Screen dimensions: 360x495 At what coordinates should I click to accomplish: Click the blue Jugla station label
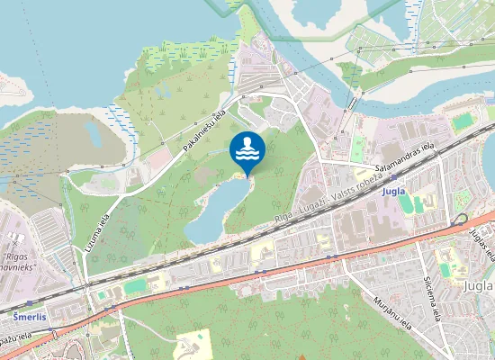point(393,192)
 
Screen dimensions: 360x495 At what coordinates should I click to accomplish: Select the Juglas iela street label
point(478,241)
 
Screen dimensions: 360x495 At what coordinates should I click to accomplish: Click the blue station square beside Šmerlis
point(30,303)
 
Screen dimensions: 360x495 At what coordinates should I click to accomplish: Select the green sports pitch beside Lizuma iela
point(136,285)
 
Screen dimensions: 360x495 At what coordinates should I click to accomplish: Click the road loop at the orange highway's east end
point(463,220)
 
